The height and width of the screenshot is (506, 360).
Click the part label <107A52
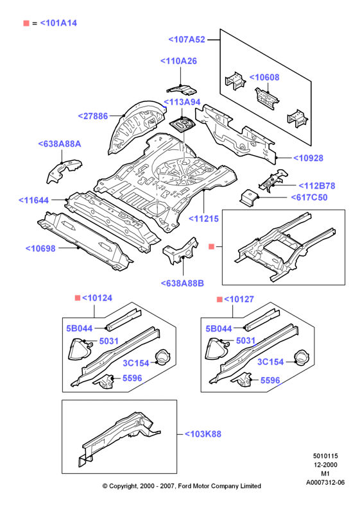click(x=187, y=39)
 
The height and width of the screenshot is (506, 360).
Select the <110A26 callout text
click(x=178, y=61)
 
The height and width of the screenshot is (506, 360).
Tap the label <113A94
click(x=182, y=102)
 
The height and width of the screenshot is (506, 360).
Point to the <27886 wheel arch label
click(x=92, y=116)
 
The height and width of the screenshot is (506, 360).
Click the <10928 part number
click(x=308, y=158)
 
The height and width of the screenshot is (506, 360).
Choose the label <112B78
click(x=317, y=186)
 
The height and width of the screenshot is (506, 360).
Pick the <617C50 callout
click(x=309, y=198)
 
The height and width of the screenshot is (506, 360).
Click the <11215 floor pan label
click(x=203, y=219)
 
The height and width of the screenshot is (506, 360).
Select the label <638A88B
click(x=182, y=283)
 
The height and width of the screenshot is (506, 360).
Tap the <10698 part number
click(x=40, y=248)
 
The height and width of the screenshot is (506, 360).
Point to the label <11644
click(x=33, y=200)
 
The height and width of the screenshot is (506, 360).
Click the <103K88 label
click(x=203, y=434)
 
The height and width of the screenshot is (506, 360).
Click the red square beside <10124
click(x=78, y=298)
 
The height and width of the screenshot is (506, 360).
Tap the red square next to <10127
click(x=219, y=299)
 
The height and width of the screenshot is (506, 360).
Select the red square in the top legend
click(x=26, y=23)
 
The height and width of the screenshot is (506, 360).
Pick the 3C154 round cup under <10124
click(x=162, y=357)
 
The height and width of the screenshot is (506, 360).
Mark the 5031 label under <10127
click(x=246, y=341)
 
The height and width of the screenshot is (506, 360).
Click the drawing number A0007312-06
click(x=325, y=483)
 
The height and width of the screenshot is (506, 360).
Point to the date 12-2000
click(x=325, y=465)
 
